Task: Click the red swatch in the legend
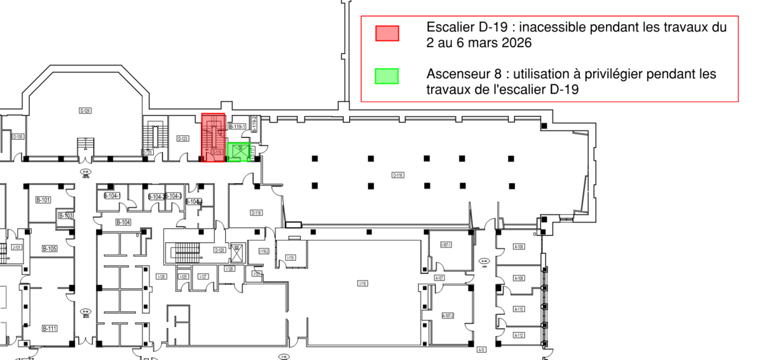pos(387,33)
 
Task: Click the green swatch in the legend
pos(387,76)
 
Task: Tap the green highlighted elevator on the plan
pos(239,151)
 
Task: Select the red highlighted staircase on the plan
pos(214,137)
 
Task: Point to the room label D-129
pos(85,111)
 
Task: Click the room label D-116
pos(398,175)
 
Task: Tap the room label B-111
pos(50,328)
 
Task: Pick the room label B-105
pos(50,248)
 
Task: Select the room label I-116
pos(362,283)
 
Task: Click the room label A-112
pos(519,335)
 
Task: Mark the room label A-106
pos(519,247)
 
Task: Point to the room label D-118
pos(256,212)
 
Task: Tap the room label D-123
pos(182,139)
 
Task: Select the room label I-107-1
pos(446,245)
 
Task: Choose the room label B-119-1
pos(238,127)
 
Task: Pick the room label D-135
pos(18,137)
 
